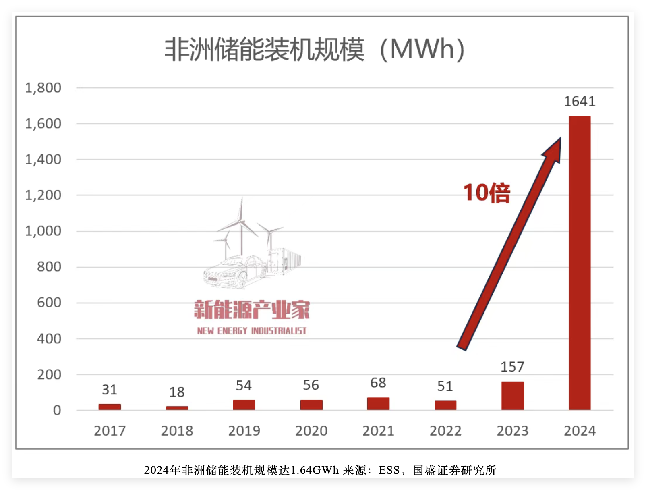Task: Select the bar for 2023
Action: click(512, 396)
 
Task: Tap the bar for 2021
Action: click(378, 403)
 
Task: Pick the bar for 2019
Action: click(244, 405)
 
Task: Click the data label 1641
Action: click(579, 101)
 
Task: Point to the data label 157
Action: click(512, 367)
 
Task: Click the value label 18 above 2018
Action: click(177, 392)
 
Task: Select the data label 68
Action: click(378, 382)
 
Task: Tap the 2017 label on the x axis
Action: click(110, 431)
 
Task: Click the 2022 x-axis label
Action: click(445, 431)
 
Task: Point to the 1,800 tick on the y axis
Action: click(43, 88)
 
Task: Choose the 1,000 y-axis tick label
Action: click(43, 231)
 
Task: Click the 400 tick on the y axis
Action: click(49, 338)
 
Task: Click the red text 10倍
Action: click(487, 193)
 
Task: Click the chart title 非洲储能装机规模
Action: click(264, 50)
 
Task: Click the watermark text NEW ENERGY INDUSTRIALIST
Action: click(252, 331)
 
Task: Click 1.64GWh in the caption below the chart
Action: click(314, 470)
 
